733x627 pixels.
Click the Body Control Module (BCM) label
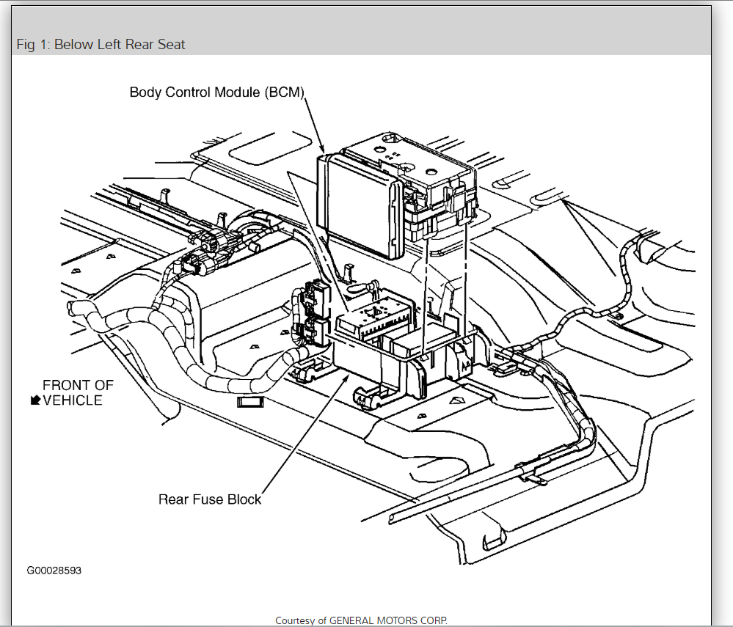point(216,92)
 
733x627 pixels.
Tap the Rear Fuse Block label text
point(210,499)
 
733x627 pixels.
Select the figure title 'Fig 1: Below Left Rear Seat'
point(101,45)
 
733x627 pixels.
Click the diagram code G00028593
point(54,571)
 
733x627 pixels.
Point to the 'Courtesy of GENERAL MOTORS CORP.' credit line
point(361,620)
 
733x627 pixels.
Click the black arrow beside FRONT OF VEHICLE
point(34,400)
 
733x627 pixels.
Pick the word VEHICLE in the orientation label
point(73,400)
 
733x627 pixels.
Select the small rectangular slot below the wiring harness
point(250,402)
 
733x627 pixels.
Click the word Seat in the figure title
point(170,45)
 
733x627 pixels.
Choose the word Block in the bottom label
point(244,499)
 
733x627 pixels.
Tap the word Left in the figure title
point(110,45)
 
